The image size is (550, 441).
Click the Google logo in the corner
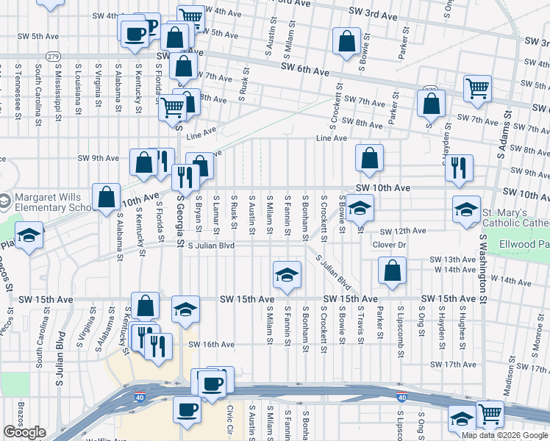pyautogui.click(x=24, y=432)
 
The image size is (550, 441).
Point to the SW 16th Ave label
pyautogui.click(x=211, y=345)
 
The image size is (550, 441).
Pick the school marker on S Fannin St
pyautogui.click(x=287, y=275)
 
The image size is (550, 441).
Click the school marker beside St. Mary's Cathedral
pyautogui.click(x=466, y=209)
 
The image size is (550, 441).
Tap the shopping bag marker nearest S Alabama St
pyautogui.click(x=107, y=196)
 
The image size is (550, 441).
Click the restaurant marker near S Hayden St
pyautogui.click(x=459, y=168)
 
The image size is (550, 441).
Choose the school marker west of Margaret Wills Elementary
pyautogui.click(x=29, y=237)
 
